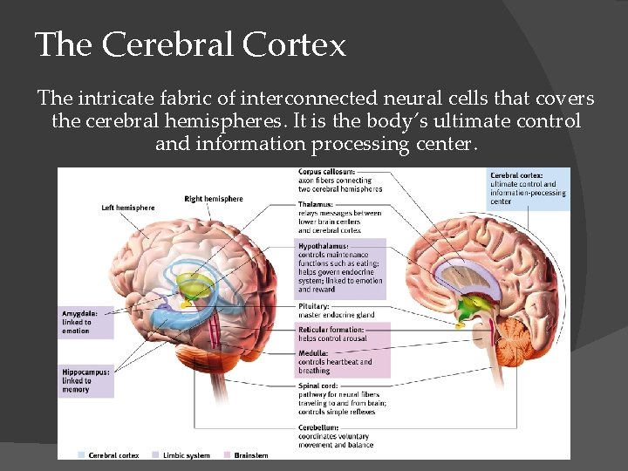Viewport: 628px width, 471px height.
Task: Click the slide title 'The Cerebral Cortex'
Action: coord(190,44)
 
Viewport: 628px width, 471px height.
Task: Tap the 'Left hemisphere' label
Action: coord(128,208)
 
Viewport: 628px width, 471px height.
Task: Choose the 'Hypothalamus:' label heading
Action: coord(323,247)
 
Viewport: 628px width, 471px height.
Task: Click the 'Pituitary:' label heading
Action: coord(314,306)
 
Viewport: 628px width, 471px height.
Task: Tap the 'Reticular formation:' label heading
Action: coord(330,330)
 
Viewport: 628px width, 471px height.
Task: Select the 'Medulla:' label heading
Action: coord(313,353)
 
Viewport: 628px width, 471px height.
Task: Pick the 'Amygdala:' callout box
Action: coord(86,322)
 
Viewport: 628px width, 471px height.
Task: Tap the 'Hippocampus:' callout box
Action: coord(86,380)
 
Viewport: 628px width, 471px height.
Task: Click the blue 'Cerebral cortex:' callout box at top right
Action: coord(529,188)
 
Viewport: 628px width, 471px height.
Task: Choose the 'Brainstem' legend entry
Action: coord(249,455)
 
